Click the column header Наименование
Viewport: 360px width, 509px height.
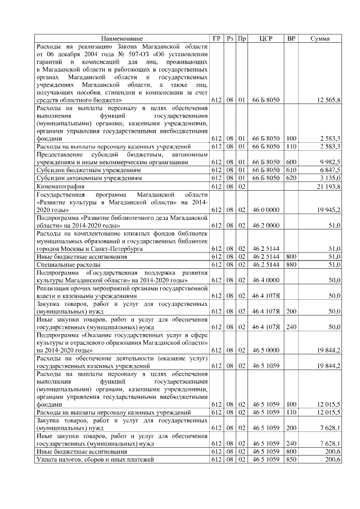tap(122, 38)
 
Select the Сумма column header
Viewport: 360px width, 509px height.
tap(320, 38)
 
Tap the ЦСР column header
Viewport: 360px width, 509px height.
tap(266, 38)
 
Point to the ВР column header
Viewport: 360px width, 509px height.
tap(291, 38)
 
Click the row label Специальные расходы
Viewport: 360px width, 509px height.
tap(68, 264)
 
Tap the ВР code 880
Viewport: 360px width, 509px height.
tap(291, 264)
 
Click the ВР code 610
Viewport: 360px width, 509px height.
tap(291, 170)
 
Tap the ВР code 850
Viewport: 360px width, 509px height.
tap(291, 460)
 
